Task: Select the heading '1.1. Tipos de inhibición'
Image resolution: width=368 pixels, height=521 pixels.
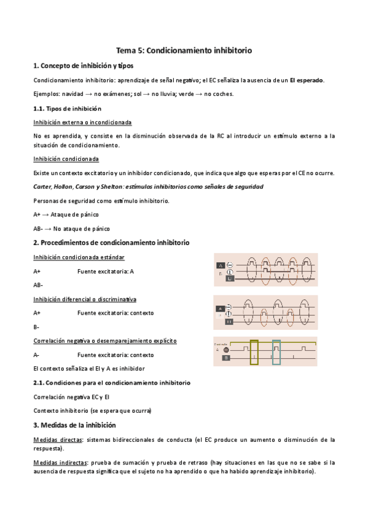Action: tap(67, 108)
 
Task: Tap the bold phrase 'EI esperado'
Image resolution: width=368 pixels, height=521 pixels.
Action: tap(307, 80)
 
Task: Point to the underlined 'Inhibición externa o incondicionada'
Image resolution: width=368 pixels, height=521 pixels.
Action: tap(82, 122)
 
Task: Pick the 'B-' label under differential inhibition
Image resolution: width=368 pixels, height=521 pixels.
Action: tap(37, 327)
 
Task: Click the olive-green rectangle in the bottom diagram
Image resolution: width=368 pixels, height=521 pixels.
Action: tap(254, 352)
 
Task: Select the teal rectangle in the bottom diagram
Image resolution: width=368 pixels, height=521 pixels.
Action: tap(276, 352)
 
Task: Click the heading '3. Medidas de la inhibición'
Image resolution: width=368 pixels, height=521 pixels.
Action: tap(74, 425)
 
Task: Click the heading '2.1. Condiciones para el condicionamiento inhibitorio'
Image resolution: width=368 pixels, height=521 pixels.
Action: tap(111, 383)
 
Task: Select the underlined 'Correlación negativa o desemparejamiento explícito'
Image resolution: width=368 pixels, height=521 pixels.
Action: tap(105, 340)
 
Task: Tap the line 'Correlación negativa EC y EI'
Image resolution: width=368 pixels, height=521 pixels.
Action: tap(71, 396)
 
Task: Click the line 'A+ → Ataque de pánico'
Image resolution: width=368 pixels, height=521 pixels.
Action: tap(66, 214)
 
